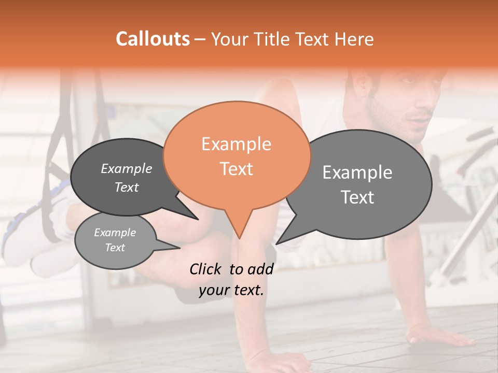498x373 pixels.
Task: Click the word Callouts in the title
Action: click(153, 39)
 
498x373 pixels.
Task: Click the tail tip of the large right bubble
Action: click(276, 243)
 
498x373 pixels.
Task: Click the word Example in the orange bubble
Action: click(236, 144)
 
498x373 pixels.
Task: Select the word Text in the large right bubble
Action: click(358, 197)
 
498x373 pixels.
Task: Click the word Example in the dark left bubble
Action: click(127, 168)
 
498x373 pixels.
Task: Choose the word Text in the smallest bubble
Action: click(115, 248)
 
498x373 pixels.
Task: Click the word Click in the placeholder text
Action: click(207, 269)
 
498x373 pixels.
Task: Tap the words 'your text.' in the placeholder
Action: click(231, 290)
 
